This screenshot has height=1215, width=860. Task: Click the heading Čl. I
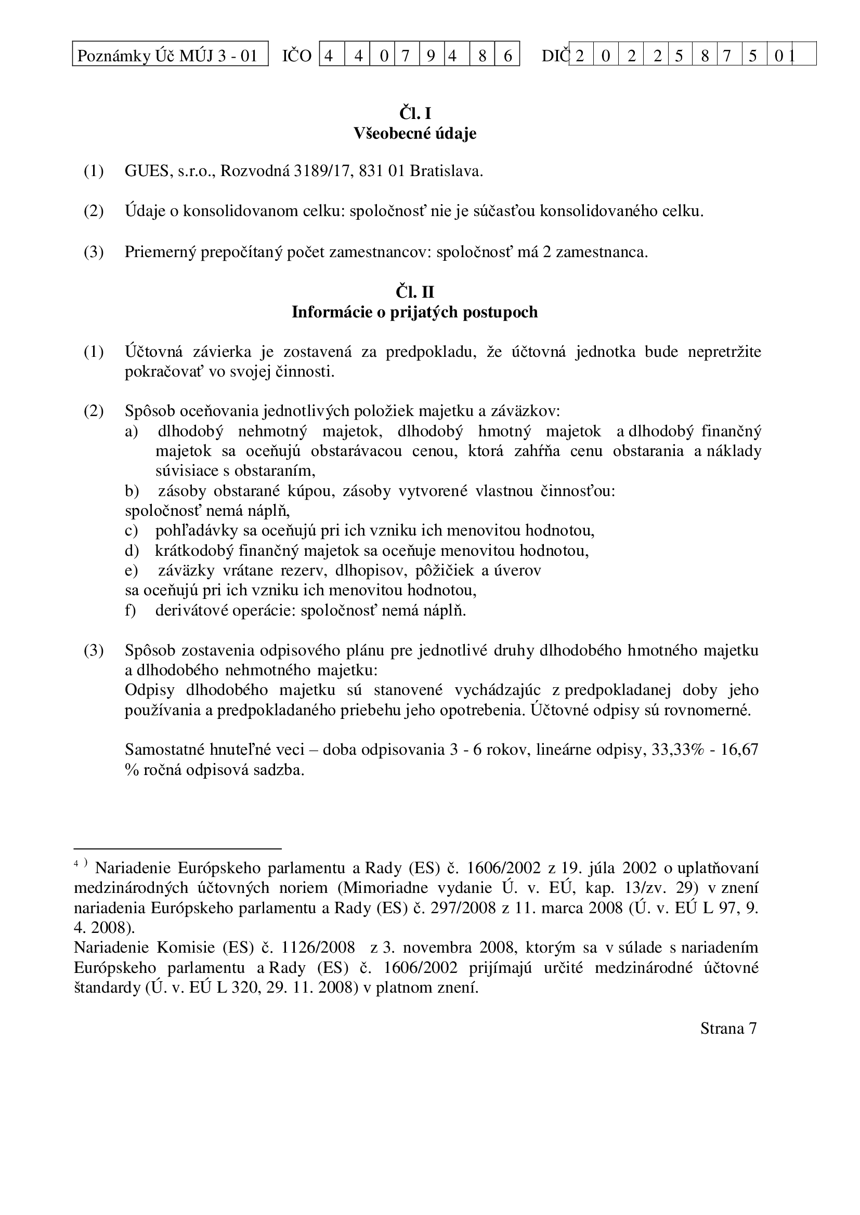[414, 113]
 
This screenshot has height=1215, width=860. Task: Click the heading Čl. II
[414, 292]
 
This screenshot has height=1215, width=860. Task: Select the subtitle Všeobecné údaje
[414, 133]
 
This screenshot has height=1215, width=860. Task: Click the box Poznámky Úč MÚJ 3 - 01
[170, 55]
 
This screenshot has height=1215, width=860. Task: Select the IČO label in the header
[296, 55]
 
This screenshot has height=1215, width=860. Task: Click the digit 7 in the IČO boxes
[406, 55]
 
